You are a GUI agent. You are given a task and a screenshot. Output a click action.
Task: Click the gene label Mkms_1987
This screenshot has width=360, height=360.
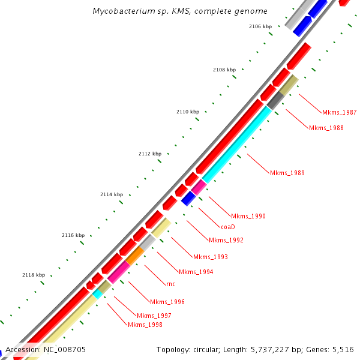pos(339,112)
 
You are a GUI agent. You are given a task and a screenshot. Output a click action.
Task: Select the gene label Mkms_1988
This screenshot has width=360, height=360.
pos(326,128)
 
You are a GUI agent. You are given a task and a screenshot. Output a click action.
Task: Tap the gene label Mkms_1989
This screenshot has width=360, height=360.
pos(287,173)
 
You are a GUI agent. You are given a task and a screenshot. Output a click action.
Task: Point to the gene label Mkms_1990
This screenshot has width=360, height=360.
pos(248,216)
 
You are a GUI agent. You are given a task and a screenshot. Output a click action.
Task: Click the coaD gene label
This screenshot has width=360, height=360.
pos(227,227)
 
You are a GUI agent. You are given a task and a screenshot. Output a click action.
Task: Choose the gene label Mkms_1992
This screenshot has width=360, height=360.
pos(226,240)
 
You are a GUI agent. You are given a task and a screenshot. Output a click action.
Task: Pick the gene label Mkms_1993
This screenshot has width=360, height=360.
pos(210,257)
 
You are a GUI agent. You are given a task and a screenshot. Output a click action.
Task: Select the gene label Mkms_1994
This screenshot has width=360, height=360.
pos(196,272)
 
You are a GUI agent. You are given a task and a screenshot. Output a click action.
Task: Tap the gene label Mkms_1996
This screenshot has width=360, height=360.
pos(167,302)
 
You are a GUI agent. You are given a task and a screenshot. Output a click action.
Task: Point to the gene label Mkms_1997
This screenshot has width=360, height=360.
pos(154,316)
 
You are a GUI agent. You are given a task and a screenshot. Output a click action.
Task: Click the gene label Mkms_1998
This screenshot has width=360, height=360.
pos(145,325)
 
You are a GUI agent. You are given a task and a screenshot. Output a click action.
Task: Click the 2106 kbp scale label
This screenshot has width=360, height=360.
pos(260,26)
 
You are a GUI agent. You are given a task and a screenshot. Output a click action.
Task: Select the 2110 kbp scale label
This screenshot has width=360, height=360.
pos(187,112)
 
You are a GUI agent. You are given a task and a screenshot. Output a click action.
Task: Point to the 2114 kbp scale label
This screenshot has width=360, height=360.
pos(111,194)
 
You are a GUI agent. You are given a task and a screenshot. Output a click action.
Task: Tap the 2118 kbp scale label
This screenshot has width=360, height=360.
pos(34,275)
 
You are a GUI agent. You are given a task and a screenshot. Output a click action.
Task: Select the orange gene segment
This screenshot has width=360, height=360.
pos(134,256)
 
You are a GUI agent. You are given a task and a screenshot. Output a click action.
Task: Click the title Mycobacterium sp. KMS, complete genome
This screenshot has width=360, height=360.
pos(180,11)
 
